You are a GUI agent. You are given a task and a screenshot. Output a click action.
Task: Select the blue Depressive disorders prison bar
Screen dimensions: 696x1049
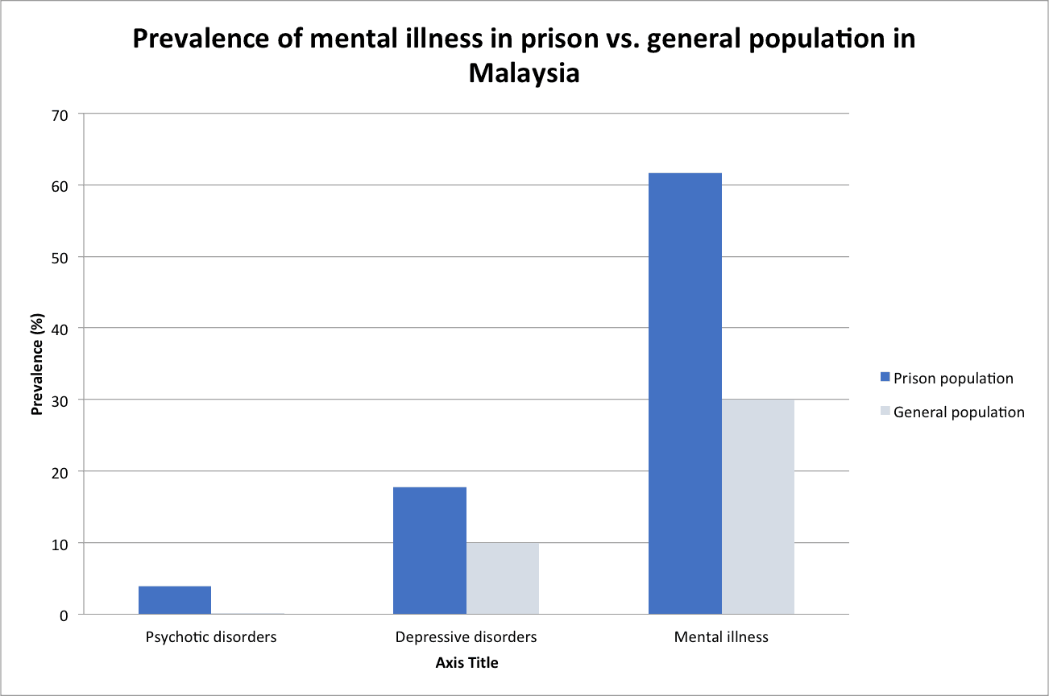429,551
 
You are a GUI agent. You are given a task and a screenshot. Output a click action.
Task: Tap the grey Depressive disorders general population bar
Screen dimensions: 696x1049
503,578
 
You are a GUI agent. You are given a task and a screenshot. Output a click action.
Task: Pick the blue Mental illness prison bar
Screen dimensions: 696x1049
685,394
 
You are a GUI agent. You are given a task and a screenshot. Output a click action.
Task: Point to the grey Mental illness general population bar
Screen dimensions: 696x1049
758,507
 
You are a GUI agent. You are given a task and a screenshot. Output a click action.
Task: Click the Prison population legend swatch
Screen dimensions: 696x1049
885,377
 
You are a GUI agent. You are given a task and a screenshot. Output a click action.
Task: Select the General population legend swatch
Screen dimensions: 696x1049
885,412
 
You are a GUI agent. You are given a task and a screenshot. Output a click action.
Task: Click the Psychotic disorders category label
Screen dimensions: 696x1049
211,637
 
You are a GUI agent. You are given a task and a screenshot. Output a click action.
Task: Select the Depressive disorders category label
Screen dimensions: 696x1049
466,637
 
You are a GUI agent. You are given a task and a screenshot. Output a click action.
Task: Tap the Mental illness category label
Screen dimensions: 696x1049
721,637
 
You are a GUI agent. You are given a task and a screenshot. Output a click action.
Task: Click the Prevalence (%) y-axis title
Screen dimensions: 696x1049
36,365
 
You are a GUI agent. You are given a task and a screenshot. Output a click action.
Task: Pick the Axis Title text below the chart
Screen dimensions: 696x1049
466,663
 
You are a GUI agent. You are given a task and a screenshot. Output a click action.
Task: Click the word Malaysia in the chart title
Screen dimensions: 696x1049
524,73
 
